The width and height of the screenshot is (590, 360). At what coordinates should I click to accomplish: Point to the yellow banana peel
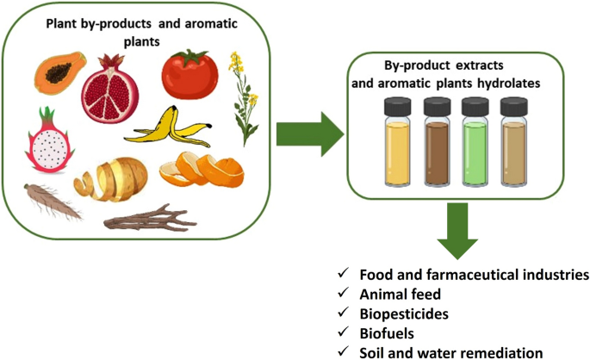171,130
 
